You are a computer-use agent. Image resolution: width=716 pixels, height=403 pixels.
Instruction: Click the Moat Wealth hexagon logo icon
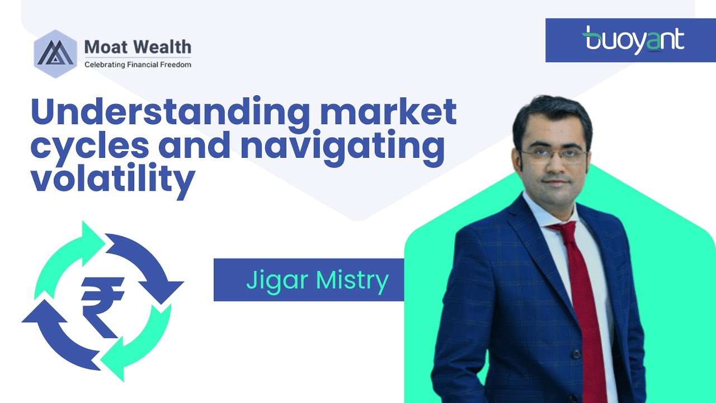click(x=55, y=54)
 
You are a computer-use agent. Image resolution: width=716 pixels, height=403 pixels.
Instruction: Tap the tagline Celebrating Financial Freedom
click(x=138, y=64)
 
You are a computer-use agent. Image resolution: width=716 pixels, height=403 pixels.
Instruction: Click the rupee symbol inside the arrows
click(x=102, y=302)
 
